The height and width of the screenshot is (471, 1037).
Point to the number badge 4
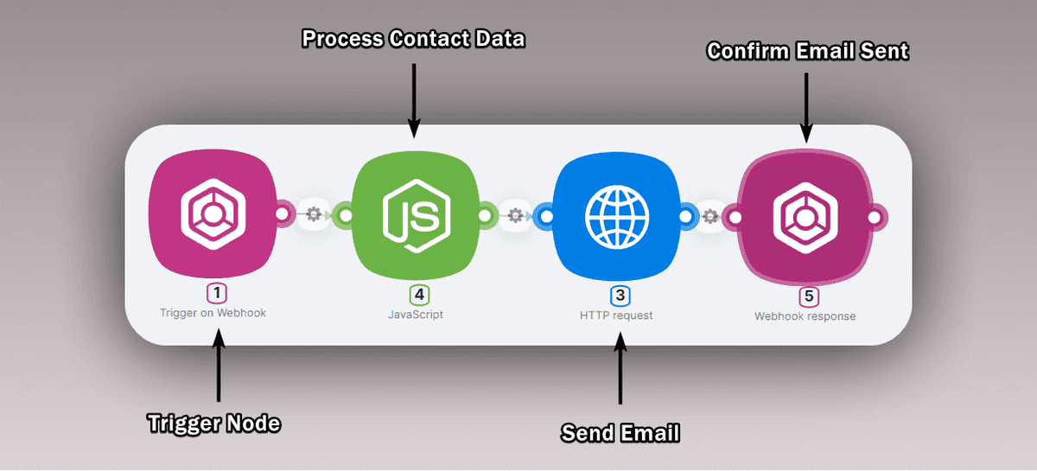(x=419, y=295)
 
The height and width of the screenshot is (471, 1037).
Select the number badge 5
(x=809, y=296)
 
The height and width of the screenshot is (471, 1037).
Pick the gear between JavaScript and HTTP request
(x=515, y=214)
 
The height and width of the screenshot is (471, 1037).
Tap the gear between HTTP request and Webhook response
(x=710, y=215)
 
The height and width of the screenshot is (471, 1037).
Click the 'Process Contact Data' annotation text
(x=413, y=39)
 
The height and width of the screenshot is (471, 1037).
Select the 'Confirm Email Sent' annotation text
(x=808, y=52)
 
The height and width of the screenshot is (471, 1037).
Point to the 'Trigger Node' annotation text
(x=215, y=423)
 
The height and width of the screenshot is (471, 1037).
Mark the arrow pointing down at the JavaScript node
(x=414, y=99)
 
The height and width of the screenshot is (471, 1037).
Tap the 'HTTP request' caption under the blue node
(x=616, y=315)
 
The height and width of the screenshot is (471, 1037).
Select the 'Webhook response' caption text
(x=805, y=316)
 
